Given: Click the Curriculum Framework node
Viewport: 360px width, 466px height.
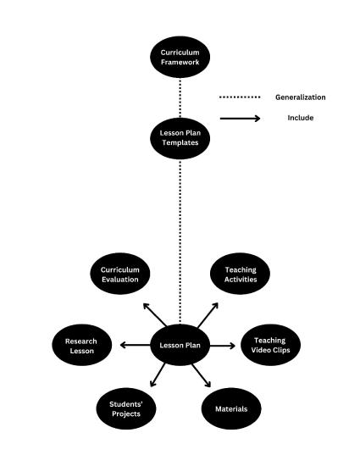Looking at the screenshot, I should [180, 57].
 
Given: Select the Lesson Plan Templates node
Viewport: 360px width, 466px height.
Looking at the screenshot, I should [180, 138].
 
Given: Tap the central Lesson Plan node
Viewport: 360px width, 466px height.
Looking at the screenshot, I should [180, 345].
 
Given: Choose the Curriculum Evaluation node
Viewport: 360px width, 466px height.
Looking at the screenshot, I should [120, 275].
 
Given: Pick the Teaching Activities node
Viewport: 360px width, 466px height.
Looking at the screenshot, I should [241, 275].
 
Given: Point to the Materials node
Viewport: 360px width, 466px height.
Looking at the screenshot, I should [230, 408].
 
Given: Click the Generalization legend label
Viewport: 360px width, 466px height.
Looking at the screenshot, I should [300, 97].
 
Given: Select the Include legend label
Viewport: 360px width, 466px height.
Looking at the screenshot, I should [300, 118].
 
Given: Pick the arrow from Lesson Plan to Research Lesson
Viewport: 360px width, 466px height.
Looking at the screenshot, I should [136, 345].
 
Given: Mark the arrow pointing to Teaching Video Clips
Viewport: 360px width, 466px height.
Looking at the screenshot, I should [222, 345].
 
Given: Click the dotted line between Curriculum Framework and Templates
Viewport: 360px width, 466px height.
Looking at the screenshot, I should [180, 97].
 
